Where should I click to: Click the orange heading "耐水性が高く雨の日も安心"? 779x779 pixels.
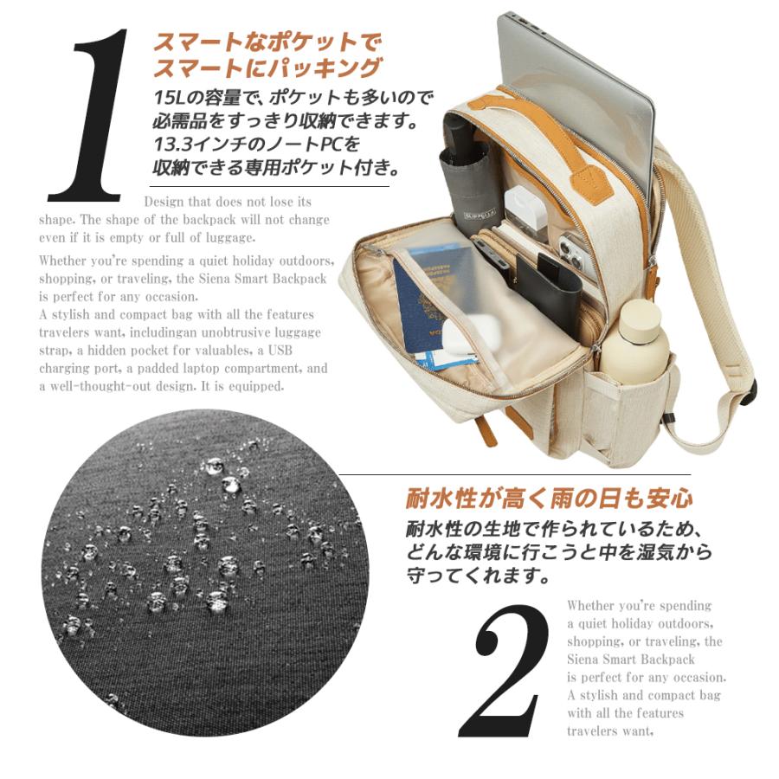tap(549, 499)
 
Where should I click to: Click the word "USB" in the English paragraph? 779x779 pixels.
tap(280, 351)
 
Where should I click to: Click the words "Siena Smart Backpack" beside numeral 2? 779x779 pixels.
tap(631, 660)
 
